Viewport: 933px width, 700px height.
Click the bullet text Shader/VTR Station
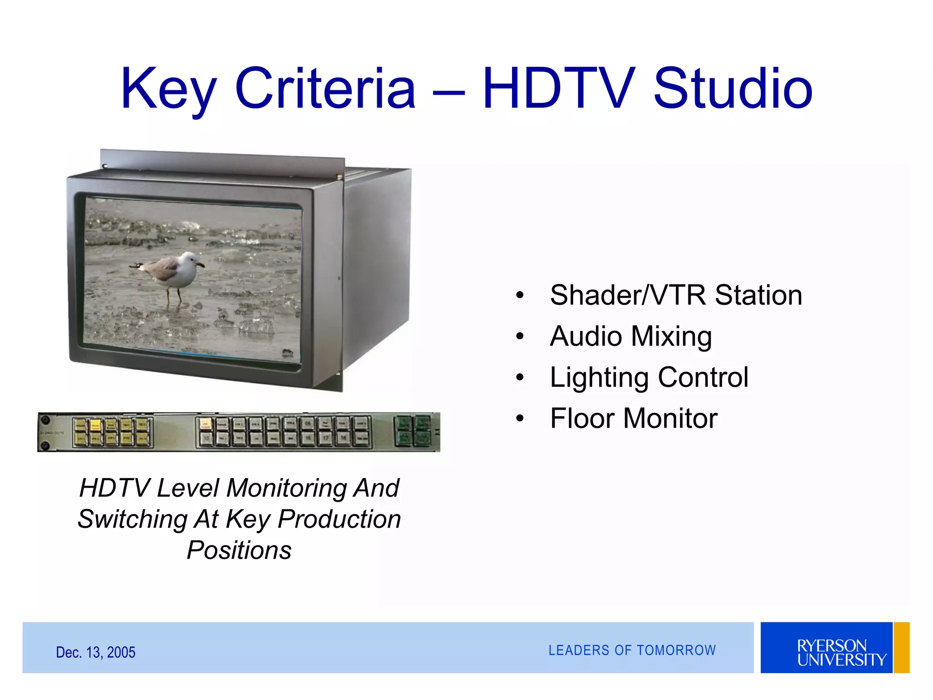tap(676, 295)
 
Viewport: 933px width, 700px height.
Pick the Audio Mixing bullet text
tap(631, 336)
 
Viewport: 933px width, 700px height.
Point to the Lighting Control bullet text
tap(649, 377)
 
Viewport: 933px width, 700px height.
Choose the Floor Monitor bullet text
tap(634, 418)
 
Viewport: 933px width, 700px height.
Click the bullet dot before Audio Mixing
tap(520, 337)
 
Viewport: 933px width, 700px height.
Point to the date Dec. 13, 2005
tap(96, 652)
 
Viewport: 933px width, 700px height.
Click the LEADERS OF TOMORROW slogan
tap(632, 650)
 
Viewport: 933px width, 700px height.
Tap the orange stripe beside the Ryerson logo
tap(902, 648)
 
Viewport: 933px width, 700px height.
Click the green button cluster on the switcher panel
tap(412, 431)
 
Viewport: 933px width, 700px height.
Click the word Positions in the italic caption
tap(239, 550)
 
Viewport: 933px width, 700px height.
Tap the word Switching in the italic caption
tap(132, 519)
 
